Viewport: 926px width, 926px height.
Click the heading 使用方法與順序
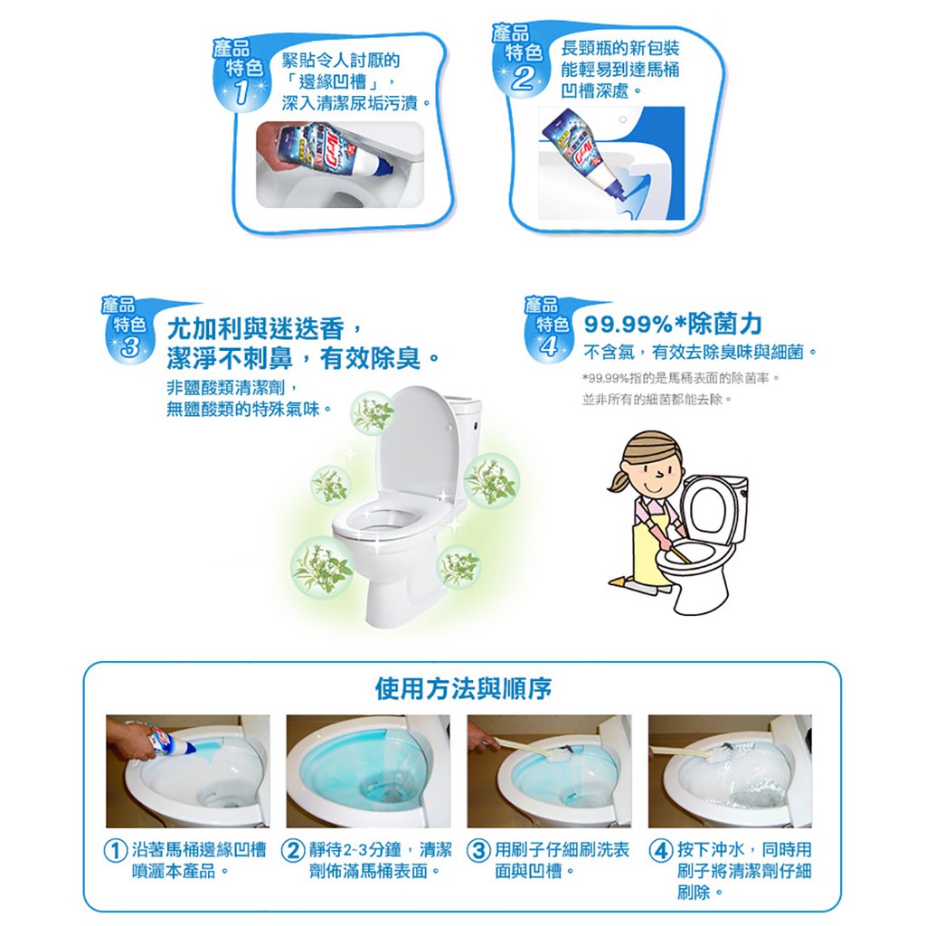[x=463, y=688]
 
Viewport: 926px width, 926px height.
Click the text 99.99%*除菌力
[x=673, y=324]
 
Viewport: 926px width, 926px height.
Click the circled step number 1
[x=115, y=851]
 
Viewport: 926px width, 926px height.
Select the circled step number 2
[x=292, y=851]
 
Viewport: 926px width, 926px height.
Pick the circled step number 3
[x=478, y=851]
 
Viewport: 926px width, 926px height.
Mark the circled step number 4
[x=660, y=851]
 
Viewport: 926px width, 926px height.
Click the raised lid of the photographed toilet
[x=415, y=443]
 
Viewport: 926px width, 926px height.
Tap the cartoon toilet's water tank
[x=723, y=508]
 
